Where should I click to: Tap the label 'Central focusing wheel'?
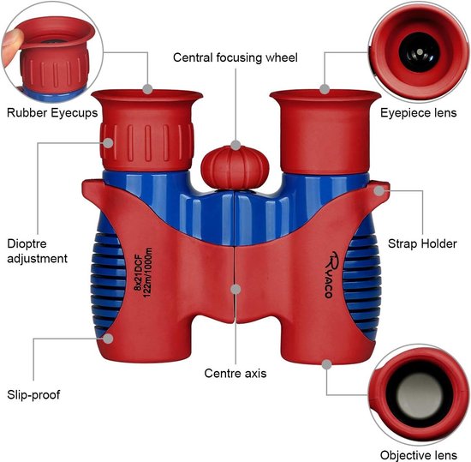(x=235, y=57)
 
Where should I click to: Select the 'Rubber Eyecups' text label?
(x=52, y=113)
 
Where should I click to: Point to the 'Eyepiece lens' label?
(x=419, y=113)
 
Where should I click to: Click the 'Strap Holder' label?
(x=422, y=243)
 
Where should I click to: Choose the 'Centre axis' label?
(x=235, y=374)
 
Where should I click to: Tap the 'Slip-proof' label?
(x=33, y=395)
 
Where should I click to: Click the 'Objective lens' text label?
(x=419, y=455)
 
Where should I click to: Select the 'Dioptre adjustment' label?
(x=37, y=251)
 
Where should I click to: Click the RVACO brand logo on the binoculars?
(x=331, y=274)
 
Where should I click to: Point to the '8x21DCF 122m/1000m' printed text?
(x=143, y=273)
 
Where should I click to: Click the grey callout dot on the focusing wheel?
(x=235, y=145)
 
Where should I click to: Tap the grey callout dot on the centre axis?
(x=235, y=289)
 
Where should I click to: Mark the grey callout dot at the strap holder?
(x=379, y=190)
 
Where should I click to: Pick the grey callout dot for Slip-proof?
(x=108, y=339)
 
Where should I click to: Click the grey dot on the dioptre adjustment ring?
(x=108, y=142)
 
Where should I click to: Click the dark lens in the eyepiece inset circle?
(x=420, y=52)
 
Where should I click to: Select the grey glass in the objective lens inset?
(x=420, y=396)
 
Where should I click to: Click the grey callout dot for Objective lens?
(x=326, y=364)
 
